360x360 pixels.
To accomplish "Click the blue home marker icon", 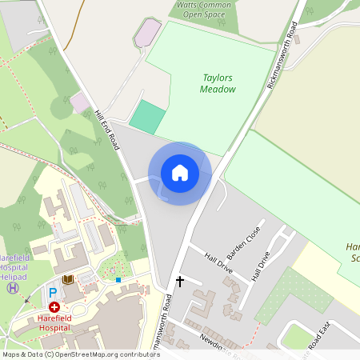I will click(x=180, y=173).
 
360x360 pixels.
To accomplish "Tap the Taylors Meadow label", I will click(x=218, y=83).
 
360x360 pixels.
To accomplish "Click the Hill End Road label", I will click(x=106, y=130).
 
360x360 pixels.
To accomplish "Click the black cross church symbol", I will click(x=180, y=282).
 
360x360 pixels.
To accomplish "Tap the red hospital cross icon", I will click(x=54, y=306).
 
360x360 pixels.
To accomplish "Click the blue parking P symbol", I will click(x=53, y=293).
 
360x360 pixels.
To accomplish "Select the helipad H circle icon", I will click(x=12, y=287).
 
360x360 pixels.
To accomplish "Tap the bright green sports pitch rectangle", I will click(x=146, y=117).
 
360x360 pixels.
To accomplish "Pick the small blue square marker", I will click(x=118, y=280).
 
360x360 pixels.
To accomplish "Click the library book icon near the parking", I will click(x=68, y=278).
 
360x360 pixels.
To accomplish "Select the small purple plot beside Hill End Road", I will click(x=81, y=102).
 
